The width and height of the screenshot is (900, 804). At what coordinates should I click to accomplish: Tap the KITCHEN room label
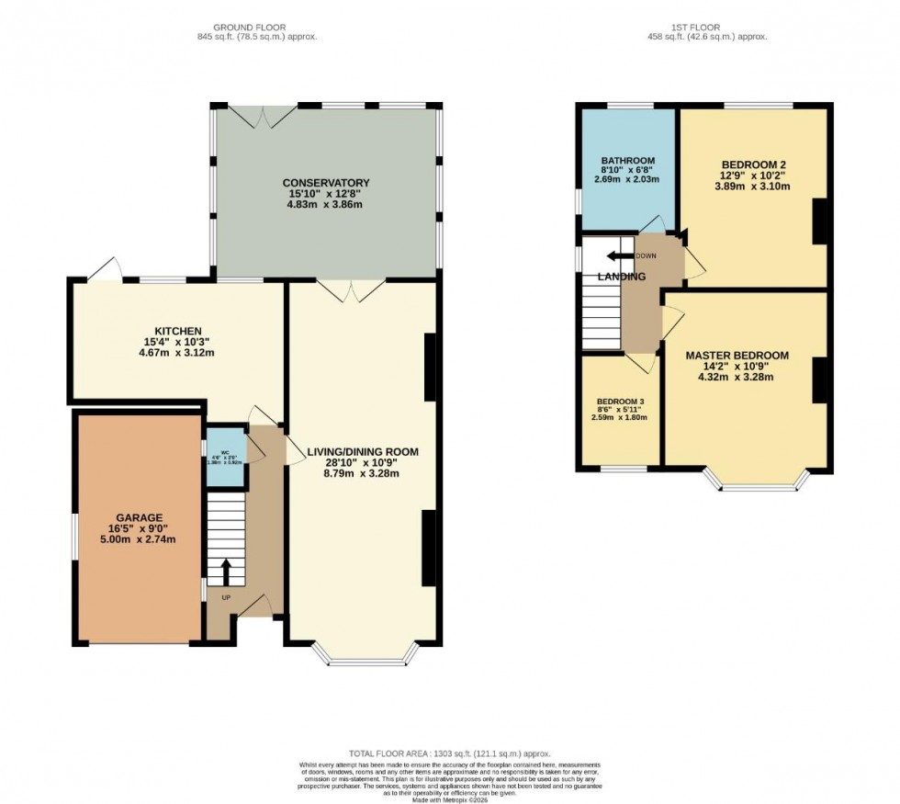pyautogui.click(x=177, y=331)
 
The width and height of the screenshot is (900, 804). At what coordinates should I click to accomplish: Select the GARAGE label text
pyautogui.click(x=140, y=516)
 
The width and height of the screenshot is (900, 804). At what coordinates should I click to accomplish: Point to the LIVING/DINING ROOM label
pyautogui.click(x=362, y=451)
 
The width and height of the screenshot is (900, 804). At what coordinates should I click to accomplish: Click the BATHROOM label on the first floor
pyautogui.click(x=627, y=160)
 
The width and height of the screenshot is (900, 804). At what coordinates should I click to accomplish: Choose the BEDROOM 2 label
pyautogui.click(x=754, y=165)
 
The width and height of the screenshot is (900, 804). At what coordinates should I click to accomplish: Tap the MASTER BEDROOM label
pyautogui.click(x=737, y=356)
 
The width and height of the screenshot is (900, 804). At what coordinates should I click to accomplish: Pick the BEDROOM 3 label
pyautogui.click(x=622, y=402)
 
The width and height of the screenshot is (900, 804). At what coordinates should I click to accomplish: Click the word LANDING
pyautogui.click(x=622, y=277)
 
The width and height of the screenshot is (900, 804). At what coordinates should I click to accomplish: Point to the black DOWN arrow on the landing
pyautogui.click(x=623, y=256)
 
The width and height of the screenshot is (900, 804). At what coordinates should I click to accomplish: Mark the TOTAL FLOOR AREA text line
pyautogui.click(x=449, y=753)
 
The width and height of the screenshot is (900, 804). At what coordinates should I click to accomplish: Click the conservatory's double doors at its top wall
pyautogui.click(x=263, y=114)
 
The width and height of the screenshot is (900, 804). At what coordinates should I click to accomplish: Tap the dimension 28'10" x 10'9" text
pyautogui.click(x=363, y=463)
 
